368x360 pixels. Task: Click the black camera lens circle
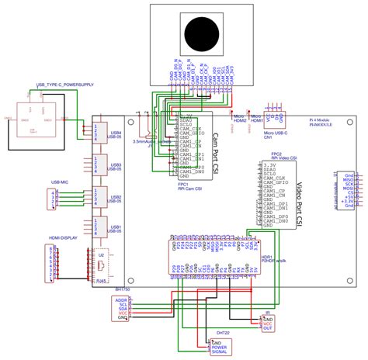[204, 35]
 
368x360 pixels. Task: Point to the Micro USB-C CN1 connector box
[274, 119]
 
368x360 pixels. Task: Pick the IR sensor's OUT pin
[267, 328]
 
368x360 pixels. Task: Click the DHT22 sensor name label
[223, 332]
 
